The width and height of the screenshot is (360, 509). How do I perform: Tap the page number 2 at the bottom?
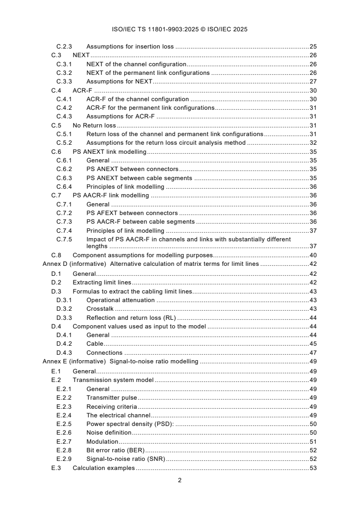pos(180,480)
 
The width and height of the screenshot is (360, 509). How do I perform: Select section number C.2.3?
pos(64,46)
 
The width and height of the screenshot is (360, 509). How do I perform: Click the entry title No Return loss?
pos(94,125)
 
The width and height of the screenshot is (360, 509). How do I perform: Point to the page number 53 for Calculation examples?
pos(313,468)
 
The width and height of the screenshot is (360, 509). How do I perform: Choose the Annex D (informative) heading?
pos(75,264)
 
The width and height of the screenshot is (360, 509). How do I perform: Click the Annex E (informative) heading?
pos(75,362)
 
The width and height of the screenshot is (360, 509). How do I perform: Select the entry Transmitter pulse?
pos(112,397)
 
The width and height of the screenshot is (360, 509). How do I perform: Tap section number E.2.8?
pos(64,450)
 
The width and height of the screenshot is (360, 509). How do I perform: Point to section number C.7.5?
pos(64,239)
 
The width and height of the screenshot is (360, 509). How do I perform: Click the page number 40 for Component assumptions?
pos(313,255)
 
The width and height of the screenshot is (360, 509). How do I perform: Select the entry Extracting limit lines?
pos(102,282)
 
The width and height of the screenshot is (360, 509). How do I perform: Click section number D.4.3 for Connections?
pos(64,352)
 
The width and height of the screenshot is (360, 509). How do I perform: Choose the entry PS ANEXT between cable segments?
pos(139,178)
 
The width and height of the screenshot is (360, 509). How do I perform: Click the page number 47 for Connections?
pos(313,352)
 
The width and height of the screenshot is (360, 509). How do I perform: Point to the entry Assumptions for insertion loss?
pos(130,46)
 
